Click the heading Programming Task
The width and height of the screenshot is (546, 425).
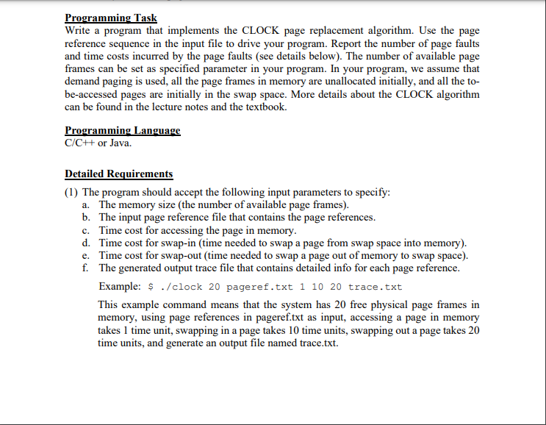[x=111, y=18]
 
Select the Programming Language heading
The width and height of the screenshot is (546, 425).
[x=123, y=130]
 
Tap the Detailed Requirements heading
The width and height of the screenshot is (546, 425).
[x=119, y=174]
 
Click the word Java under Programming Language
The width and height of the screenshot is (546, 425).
[x=121, y=142]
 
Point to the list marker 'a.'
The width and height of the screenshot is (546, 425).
[x=87, y=204]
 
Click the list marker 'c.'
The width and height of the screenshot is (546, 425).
[x=87, y=230]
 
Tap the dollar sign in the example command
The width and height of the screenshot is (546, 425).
[x=151, y=287]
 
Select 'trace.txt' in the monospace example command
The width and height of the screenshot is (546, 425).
[x=375, y=287]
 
